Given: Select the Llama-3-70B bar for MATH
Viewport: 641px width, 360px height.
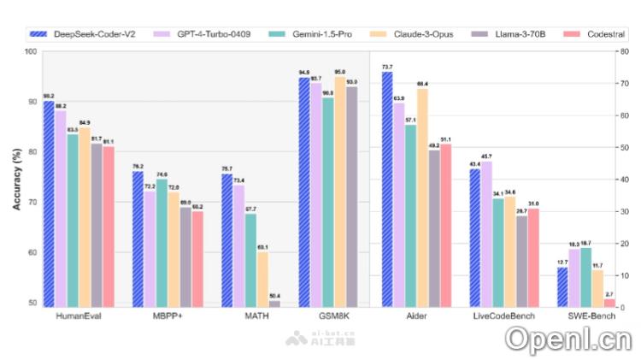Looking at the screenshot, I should tap(274, 303).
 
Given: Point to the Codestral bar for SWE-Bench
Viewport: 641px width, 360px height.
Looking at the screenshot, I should tap(609, 302).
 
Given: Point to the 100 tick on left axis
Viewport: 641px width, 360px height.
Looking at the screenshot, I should tap(31, 51).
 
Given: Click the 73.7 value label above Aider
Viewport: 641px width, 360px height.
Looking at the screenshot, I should tap(387, 67).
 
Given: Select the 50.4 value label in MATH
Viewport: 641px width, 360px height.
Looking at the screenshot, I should tap(274, 295).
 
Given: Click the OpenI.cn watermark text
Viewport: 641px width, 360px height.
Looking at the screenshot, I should tap(567, 339).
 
